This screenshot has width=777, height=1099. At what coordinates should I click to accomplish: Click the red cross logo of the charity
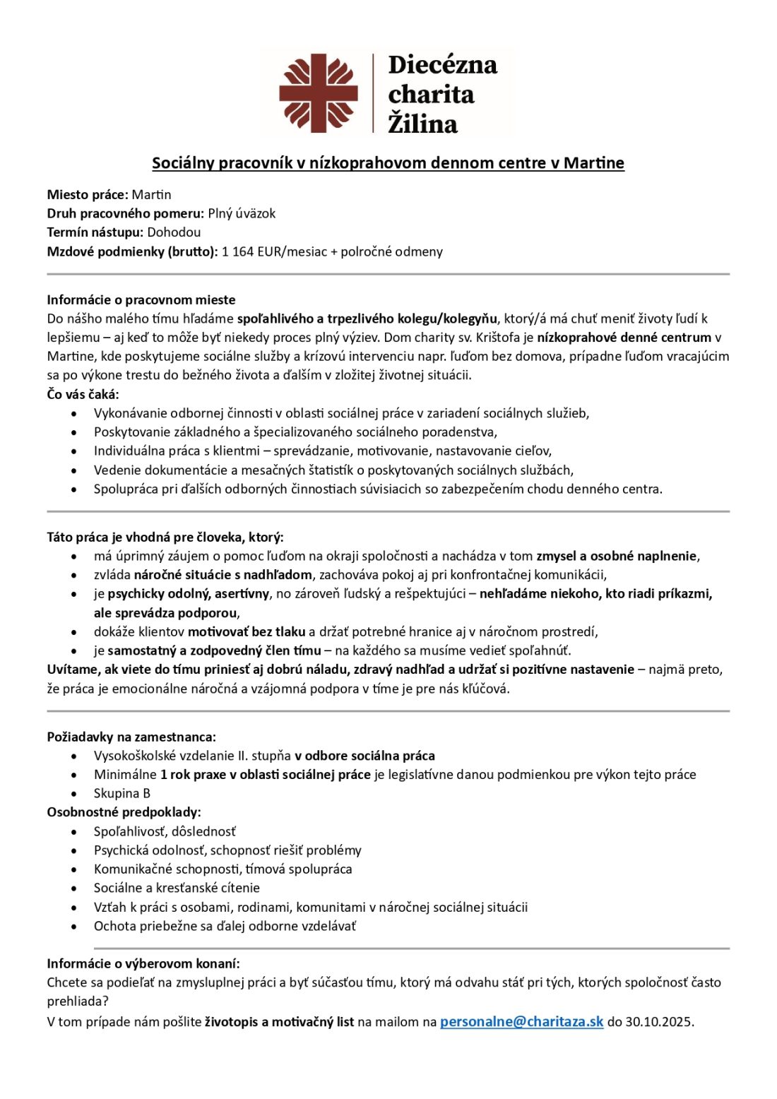tap(318, 93)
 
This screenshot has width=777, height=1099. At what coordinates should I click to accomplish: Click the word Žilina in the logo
tap(422, 124)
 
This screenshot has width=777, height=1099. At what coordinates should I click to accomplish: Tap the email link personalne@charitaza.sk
tap(521, 1021)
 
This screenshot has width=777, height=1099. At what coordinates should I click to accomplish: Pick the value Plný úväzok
tap(241, 213)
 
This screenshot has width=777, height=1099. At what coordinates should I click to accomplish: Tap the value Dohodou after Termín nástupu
tap(174, 232)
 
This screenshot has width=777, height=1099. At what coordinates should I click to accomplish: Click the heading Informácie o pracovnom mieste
tap(141, 299)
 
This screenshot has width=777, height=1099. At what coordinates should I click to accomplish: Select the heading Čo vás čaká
tap(83, 394)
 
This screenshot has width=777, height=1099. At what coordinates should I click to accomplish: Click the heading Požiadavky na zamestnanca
tap(131, 737)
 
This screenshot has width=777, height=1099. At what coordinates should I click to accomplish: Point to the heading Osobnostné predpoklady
tap(124, 812)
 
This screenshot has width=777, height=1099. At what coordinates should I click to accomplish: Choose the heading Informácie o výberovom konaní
tap(143, 963)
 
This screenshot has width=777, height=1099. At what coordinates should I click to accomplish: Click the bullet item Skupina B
tap(121, 793)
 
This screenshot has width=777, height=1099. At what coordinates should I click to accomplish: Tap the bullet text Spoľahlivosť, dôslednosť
tap(165, 831)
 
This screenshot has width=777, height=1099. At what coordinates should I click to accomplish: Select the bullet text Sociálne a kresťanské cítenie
tap(177, 888)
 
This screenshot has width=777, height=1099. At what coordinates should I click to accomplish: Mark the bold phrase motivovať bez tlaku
tap(247, 631)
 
